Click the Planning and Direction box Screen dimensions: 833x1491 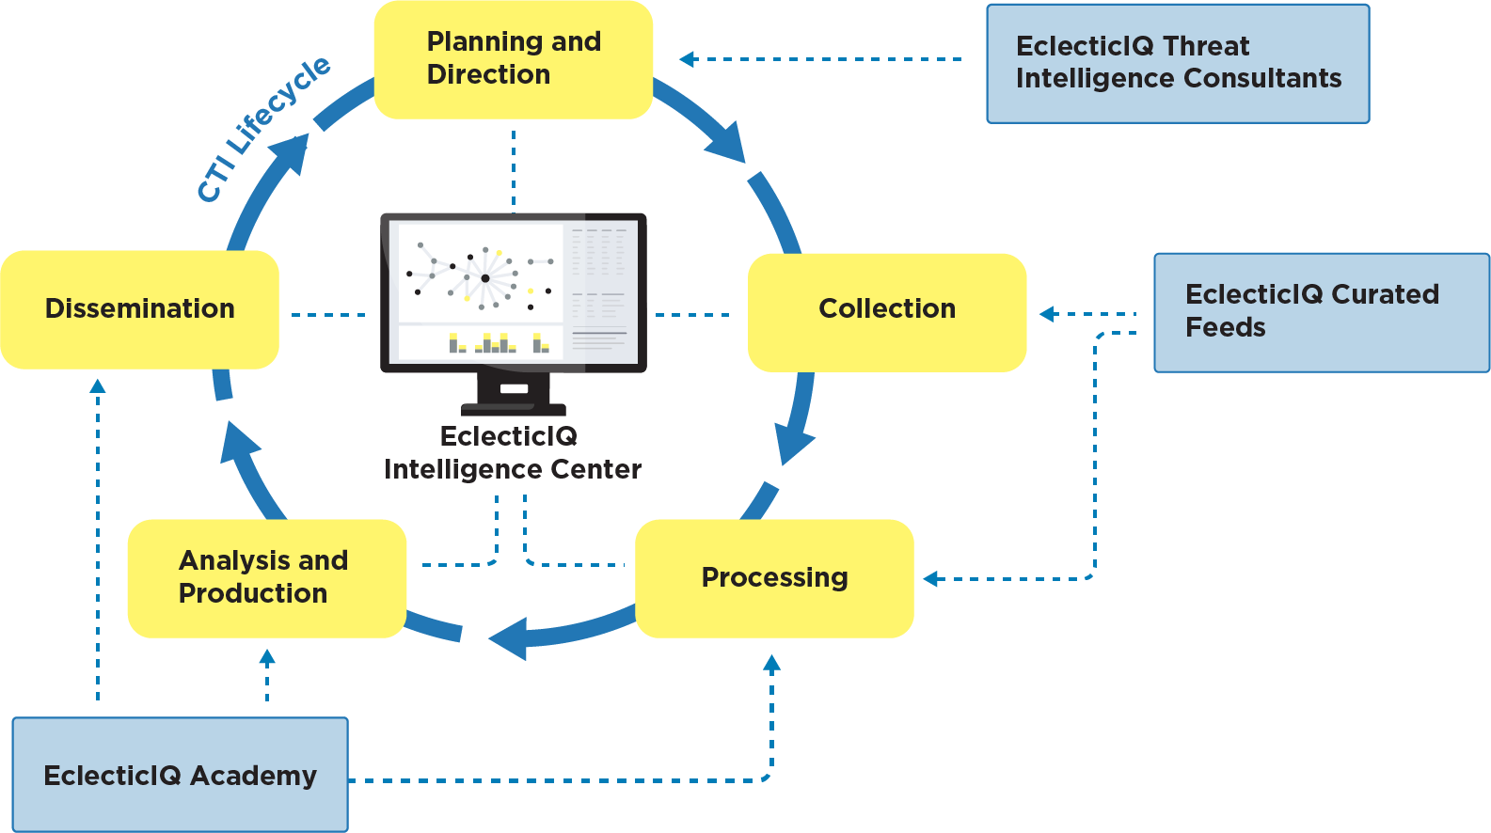[x=513, y=59]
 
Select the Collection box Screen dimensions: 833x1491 [x=886, y=311]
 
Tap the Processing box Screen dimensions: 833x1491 [x=774, y=577]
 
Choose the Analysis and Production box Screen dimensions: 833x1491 [x=266, y=577]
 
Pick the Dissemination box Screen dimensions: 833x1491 [x=139, y=309]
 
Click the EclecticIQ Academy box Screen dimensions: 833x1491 [x=180, y=775]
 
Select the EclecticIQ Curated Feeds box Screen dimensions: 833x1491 [x=1321, y=311]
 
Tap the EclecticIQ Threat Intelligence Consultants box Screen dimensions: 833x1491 [x=1177, y=63]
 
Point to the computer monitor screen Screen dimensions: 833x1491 [x=513, y=291]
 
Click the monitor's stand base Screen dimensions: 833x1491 [x=514, y=408]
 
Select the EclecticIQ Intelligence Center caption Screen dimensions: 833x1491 [x=512, y=452]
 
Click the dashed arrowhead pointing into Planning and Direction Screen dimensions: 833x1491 [x=688, y=59]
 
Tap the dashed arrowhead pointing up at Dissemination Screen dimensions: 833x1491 [x=98, y=385]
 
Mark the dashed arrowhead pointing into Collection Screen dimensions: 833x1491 [x=1047, y=314]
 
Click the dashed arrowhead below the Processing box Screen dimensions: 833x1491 [x=772, y=663]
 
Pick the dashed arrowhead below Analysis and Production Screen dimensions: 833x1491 [x=267, y=656]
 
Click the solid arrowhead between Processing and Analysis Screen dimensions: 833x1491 [x=509, y=638]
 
